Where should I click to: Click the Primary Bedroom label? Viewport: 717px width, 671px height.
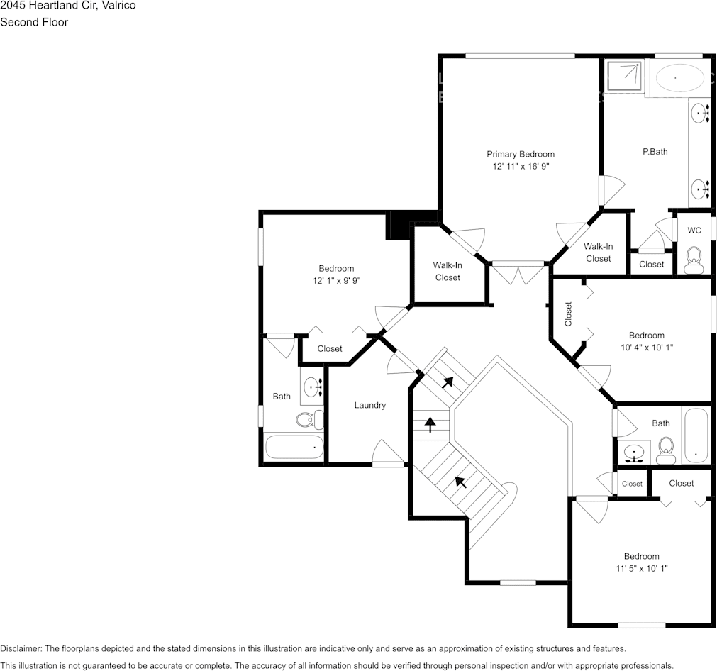click(520, 154)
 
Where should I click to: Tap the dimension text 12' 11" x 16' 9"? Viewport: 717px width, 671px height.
click(521, 167)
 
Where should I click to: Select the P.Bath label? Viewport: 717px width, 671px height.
click(655, 151)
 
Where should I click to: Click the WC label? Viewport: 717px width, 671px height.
click(694, 231)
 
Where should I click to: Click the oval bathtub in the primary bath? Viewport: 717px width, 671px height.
click(676, 77)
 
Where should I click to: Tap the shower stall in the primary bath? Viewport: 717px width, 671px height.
click(624, 77)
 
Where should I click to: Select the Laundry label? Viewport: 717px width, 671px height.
click(369, 405)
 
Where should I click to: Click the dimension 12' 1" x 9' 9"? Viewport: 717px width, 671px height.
click(336, 281)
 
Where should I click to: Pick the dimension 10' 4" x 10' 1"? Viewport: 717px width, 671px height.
click(646, 348)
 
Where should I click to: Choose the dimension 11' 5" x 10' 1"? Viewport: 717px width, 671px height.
click(641, 568)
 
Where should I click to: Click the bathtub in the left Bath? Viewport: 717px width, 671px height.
click(294, 448)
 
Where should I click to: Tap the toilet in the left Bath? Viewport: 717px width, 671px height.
click(308, 420)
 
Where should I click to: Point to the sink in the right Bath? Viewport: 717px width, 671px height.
click(633, 451)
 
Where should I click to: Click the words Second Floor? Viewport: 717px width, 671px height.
click(34, 22)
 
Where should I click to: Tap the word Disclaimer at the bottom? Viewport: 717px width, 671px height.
click(21, 648)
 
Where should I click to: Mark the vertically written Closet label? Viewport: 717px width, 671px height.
click(568, 314)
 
